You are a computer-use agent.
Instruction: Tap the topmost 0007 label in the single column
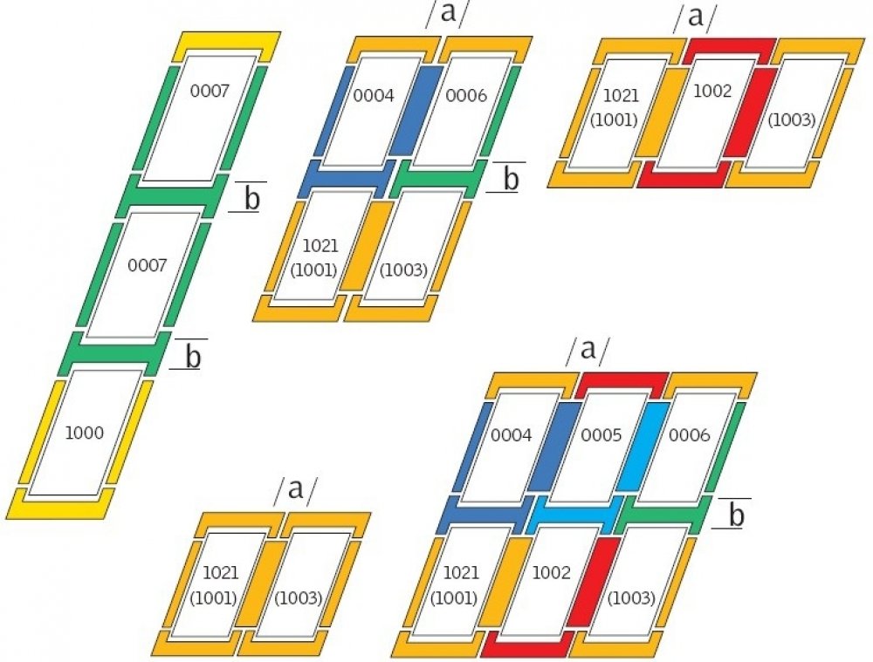point(209,90)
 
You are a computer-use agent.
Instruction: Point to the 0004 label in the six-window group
point(511,433)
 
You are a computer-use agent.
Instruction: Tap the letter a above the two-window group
point(296,490)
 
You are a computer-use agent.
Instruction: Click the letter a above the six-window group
point(588,350)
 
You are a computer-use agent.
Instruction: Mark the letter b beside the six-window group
point(736,515)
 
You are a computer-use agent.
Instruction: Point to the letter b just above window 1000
point(194,356)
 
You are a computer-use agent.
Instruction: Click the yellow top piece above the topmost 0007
point(227,44)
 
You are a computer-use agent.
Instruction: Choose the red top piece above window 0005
point(620,382)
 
